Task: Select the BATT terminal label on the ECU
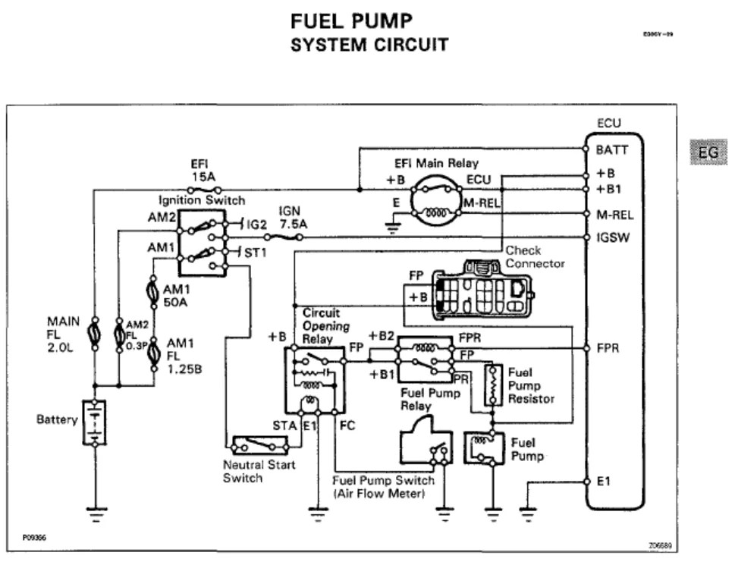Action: coord(611,150)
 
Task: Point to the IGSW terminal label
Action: coord(614,237)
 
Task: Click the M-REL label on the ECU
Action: coord(615,215)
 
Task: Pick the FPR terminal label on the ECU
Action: coord(608,349)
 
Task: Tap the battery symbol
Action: coord(93,422)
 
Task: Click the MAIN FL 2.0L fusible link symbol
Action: coord(93,334)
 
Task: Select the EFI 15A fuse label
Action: coord(203,170)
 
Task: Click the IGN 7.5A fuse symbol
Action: coord(286,237)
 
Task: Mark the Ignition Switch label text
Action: coord(202,200)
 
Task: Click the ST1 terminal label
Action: coord(256,252)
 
